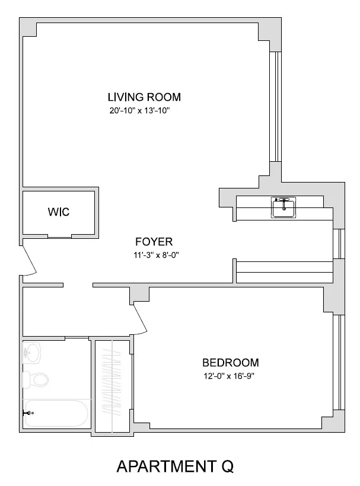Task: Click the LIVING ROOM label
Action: coord(144,97)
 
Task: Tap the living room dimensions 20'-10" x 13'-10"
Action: coord(144,110)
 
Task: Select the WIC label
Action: coord(58,212)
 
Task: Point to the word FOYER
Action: coord(154,242)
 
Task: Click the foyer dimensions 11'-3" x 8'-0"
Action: coord(156,255)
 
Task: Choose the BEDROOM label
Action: coord(230,363)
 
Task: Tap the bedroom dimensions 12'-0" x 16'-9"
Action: coord(231,376)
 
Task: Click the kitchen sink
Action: coord(283,207)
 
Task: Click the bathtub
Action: coord(56,414)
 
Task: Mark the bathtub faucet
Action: coord(27,414)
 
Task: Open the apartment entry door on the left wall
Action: coord(28,261)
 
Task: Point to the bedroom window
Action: coord(339,362)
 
